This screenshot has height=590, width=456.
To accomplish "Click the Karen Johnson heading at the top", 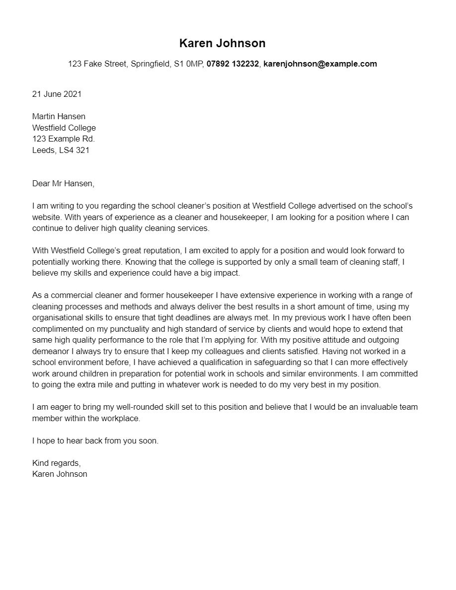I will [x=222, y=43].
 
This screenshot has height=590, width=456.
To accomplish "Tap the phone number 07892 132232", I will [x=232, y=64].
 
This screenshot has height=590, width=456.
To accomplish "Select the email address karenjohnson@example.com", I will [x=320, y=64].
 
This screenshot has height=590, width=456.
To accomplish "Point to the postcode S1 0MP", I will [x=189, y=64].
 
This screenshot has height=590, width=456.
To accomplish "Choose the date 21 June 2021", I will [x=57, y=94].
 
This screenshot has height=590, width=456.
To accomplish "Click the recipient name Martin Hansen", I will [x=59, y=116].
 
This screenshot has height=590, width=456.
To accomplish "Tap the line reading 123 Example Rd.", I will [x=63, y=139].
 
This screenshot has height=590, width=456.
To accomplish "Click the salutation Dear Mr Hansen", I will [x=63, y=183].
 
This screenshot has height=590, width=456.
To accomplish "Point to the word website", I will [x=47, y=217].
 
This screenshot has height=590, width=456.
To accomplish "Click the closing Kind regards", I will [x=56, y=463].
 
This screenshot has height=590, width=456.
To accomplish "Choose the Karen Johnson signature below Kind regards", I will [x=60, y=474].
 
